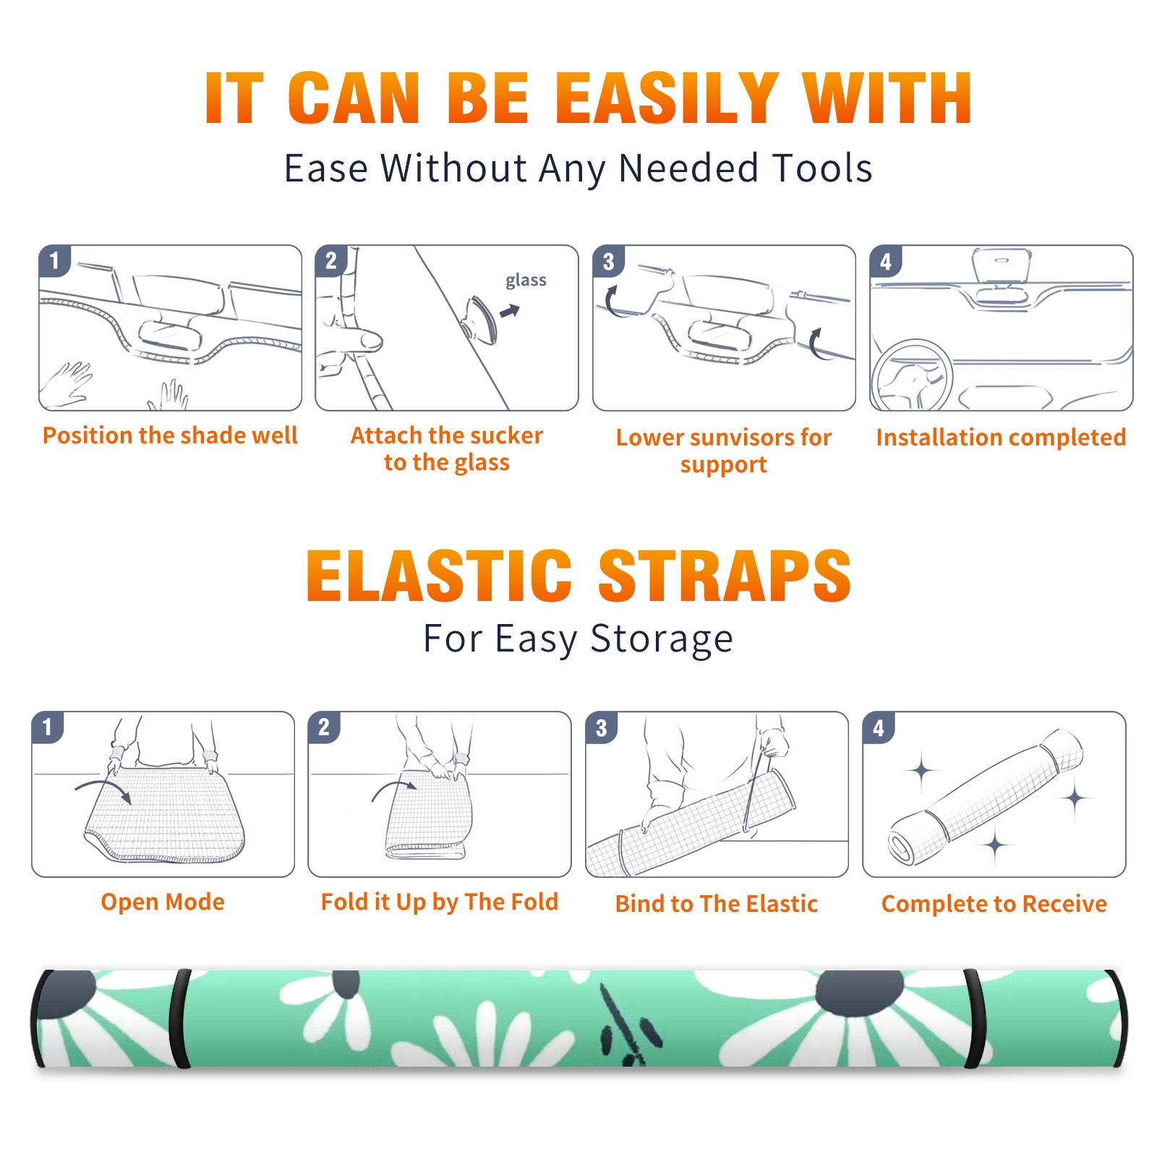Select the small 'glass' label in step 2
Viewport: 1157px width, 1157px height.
coord(526,281)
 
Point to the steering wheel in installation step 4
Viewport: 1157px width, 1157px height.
coord(912,376)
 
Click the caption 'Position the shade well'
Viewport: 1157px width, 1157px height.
coord(170,435)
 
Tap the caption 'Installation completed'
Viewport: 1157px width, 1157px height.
coord(1001,437)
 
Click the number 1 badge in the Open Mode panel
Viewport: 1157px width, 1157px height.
coord(48,727)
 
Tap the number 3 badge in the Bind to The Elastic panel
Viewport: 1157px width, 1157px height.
coord(602,727)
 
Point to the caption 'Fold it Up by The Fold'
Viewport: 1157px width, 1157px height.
coord(440,902)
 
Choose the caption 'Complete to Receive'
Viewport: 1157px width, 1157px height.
coord(994,904)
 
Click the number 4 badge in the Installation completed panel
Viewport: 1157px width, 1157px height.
coord(886,261)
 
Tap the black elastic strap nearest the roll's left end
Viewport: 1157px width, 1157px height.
coord(180,1019)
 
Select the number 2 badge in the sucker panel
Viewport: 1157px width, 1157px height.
coord(331,261)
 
